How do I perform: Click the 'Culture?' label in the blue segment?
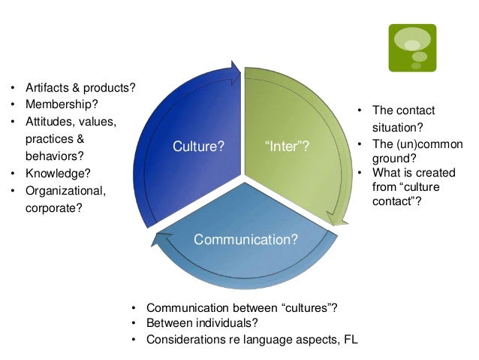(x=198, y=147)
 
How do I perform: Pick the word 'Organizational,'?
(x=68, y=190)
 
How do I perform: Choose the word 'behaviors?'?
(x=55, y=156)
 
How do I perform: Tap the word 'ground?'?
(x=394, y=159)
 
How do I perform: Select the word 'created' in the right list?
(x=430, y=173)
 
